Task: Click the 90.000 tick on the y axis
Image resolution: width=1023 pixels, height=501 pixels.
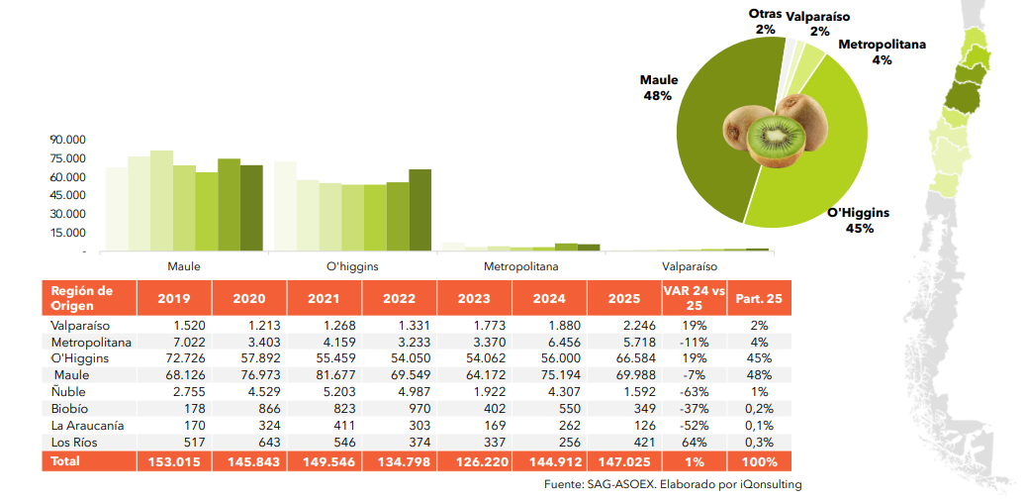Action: pos(69,140)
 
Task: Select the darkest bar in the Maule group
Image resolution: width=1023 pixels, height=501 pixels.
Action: pos(251,208)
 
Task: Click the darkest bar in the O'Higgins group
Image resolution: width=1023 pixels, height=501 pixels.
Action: pos(420,210)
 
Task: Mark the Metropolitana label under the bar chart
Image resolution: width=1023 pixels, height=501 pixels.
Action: pos(520,267)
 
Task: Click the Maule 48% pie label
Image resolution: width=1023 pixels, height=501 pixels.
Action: pos(658,87)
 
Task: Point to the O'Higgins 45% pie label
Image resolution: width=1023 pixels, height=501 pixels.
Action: pos(858,220)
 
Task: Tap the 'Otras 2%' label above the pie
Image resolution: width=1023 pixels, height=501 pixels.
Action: pos(765,22)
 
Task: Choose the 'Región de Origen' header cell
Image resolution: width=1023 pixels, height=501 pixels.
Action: pos(84,298)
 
